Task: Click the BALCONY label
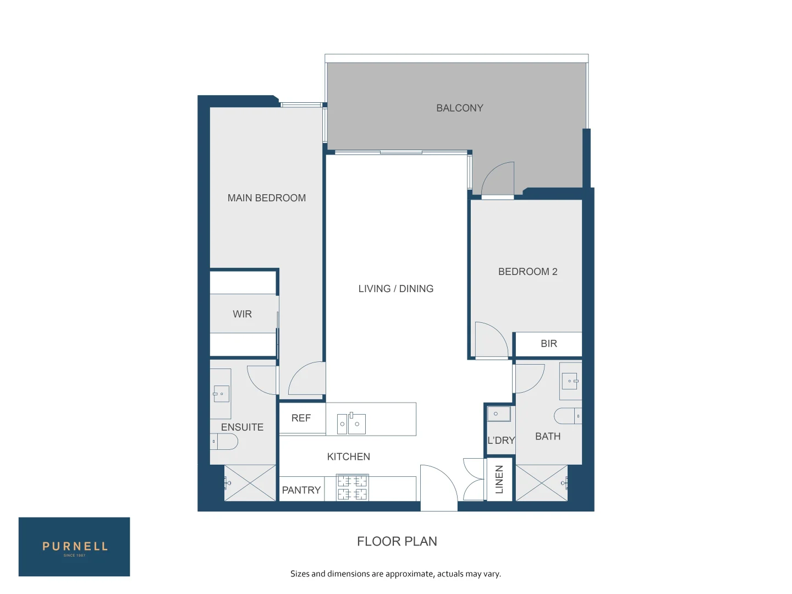click(x=459, y=108)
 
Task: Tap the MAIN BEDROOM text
click(x=266, y=197)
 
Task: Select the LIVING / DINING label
click(x=395, y=289)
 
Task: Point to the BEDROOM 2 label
click(x=527, y=272)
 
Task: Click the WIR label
click(x=242, y=313)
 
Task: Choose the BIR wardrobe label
click(x=548, y=343)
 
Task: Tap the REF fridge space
click(x=301, y=418)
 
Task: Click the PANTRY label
click(x=301, y=490)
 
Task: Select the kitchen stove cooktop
click(x=352, y=487)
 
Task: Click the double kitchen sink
click(x=351, y=423)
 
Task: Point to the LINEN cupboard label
click(x=499, y=479)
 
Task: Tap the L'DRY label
click(x=501, y=440)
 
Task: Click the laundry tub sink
click(x=499, y=414)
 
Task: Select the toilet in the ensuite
click(x=224, y=442)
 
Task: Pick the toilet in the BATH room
click(x=568, y=416)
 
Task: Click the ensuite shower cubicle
click(x=250, y=482)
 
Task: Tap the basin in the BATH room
click(x=570, y=381)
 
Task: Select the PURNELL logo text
click(x=75, y=546)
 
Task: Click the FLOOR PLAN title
click(x=397, y=541)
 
